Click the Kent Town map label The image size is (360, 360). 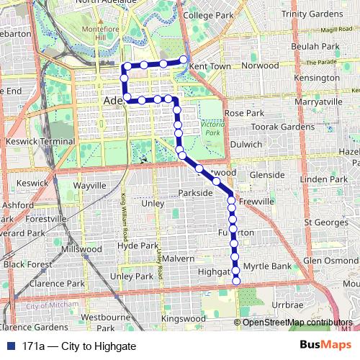tap(210, 66)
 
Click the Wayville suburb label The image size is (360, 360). tap(89, 186)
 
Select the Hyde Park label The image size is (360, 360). tap(137, 246)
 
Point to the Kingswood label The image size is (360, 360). tap(179, 318)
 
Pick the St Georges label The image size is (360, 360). tap(326, 222)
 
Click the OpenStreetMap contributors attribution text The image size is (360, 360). tap(298, 323)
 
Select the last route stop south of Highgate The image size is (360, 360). tap(235, 282)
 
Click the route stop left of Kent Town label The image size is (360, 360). tap(184, 60)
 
